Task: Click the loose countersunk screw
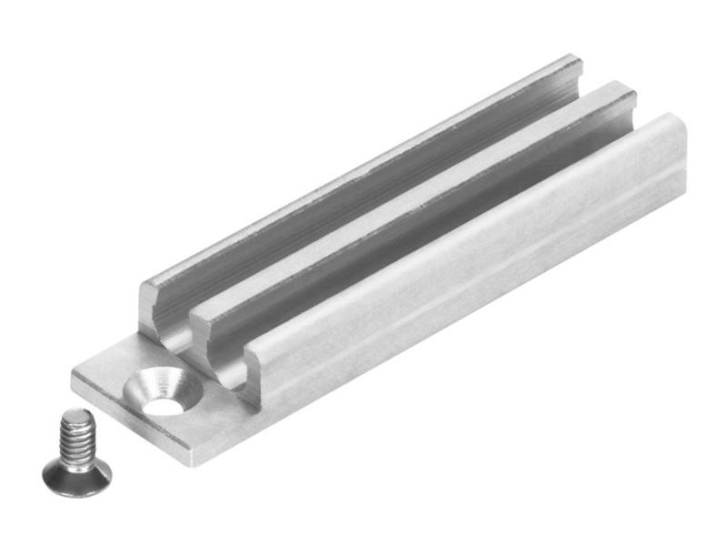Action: coord(76,450)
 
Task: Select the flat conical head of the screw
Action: coord(77,470)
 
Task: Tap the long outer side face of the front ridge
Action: coord(473,291)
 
